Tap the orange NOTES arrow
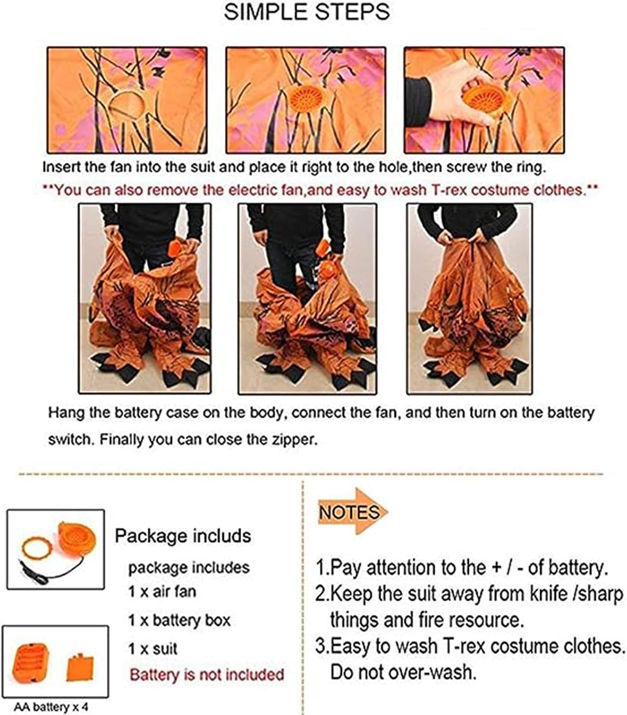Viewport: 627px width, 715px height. tap(352, 511)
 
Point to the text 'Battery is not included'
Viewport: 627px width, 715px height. tap(207, 674)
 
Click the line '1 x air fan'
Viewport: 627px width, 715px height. tap(162, 592)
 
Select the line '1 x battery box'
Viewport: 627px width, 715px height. tap(179, 621)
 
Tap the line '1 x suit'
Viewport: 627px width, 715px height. tap(153, 649)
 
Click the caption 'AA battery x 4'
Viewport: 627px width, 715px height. tap(51, 707)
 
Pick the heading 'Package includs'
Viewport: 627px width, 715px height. tap(183, 536)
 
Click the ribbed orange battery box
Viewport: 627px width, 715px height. tap(31, 663)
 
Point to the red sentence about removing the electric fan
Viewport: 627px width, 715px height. tap(320, 190)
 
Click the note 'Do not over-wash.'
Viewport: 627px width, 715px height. tap(403, 672)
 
